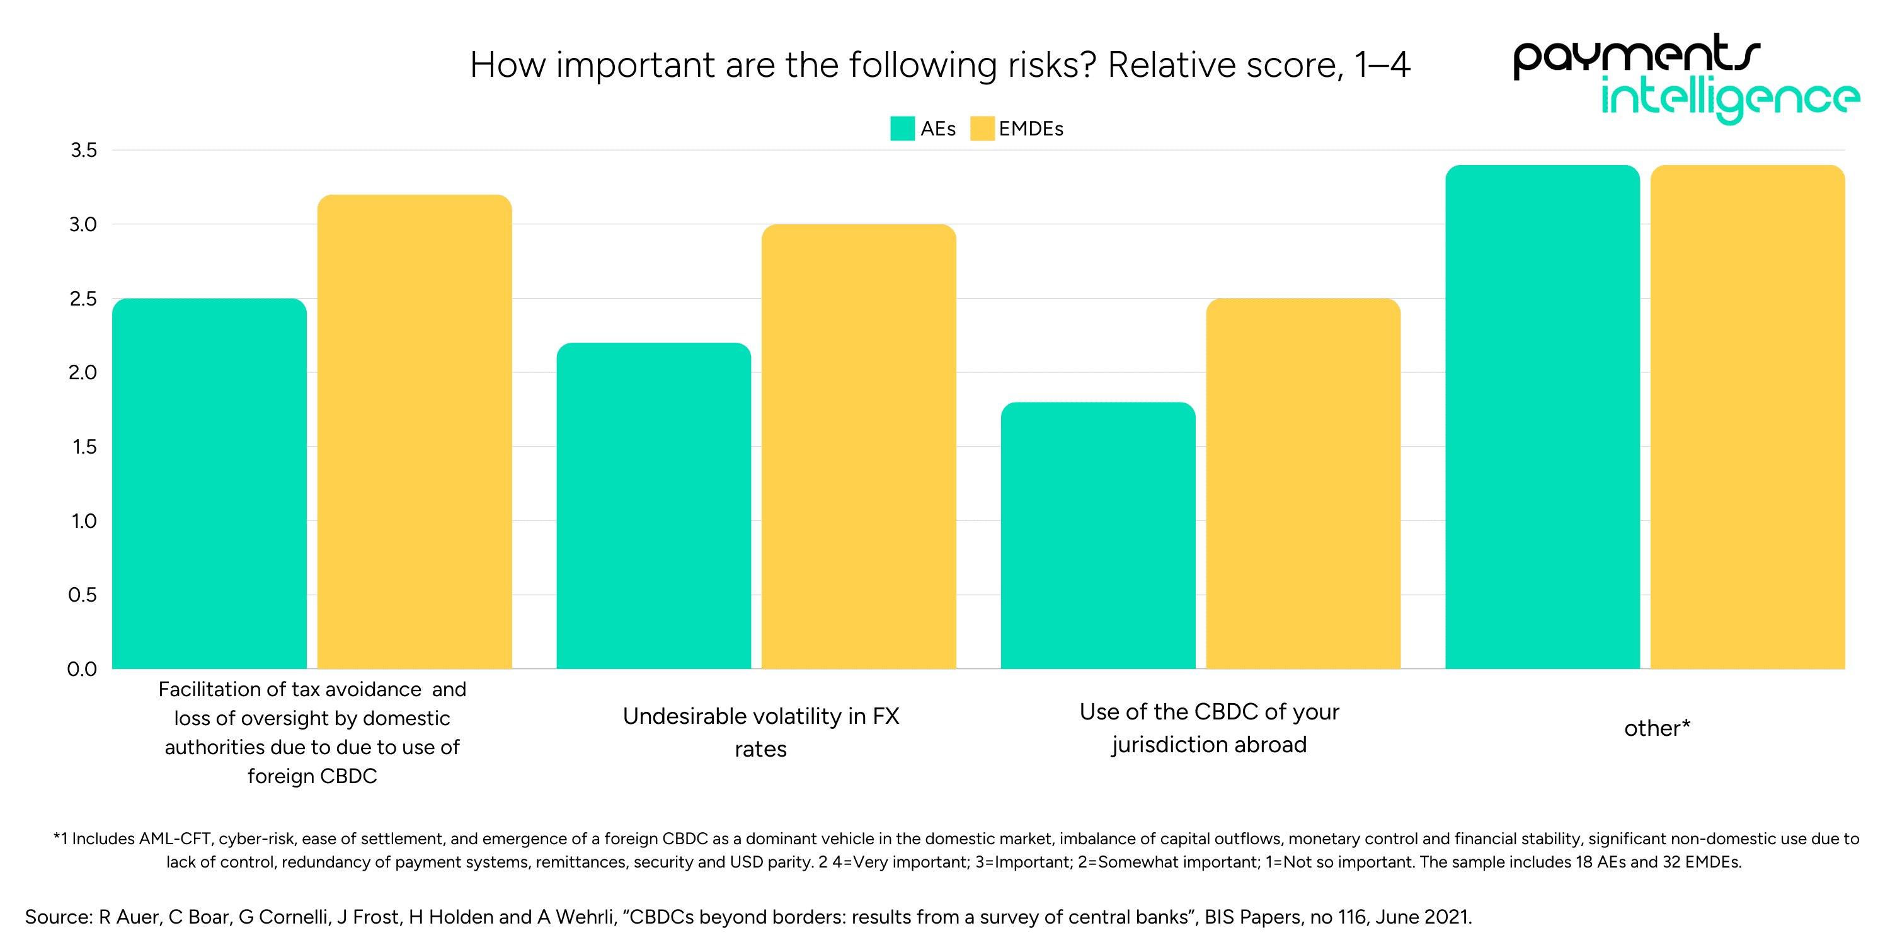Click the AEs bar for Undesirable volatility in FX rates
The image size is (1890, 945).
tap(653, 507)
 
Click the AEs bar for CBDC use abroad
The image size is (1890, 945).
tap(1097, 535)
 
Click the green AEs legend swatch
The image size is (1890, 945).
tap(902, 129)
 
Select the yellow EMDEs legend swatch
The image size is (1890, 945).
tap(982, 129)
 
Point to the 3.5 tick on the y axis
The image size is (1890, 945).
tap(84, 151)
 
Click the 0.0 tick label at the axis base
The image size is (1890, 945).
tap(82, 669)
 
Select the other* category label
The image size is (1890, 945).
tap(1657, 728)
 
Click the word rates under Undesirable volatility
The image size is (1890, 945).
tap(761, 749)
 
